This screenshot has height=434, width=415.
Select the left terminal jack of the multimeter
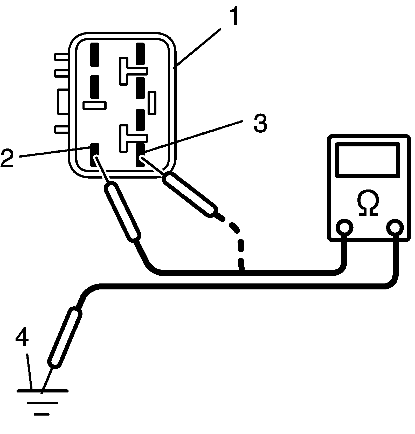point(344,228)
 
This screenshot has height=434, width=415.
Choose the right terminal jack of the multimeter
point(395,228)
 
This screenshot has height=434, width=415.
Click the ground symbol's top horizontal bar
point(43,391)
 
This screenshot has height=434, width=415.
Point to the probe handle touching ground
point(65,337)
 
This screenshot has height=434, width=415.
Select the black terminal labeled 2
point(95,155)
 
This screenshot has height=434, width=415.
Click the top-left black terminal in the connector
point(95,55)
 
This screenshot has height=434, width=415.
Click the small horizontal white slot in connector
point(95,105)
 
